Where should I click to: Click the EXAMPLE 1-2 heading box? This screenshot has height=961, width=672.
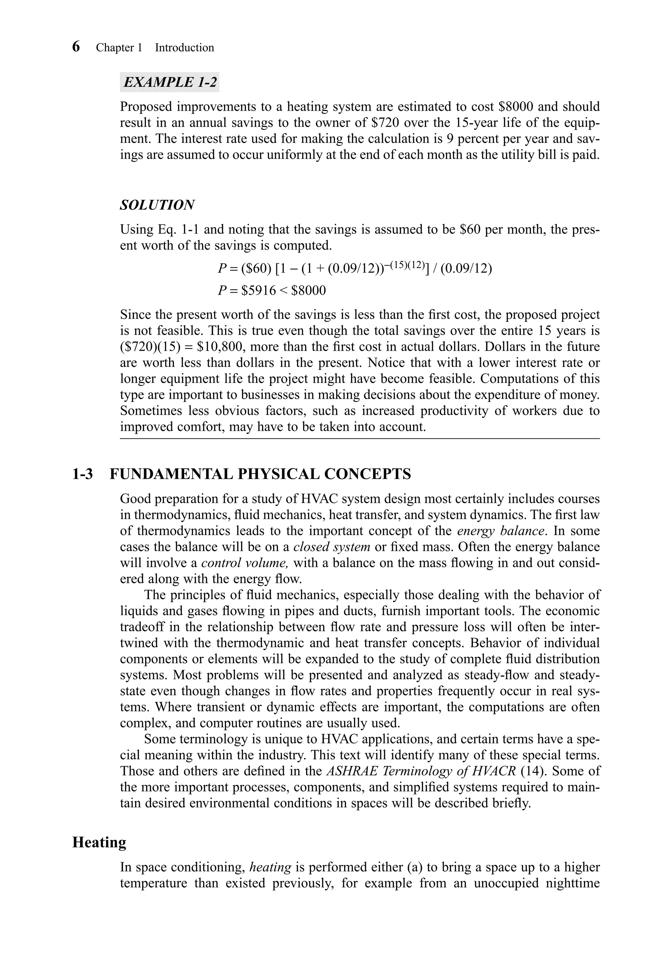(x=169, y=82)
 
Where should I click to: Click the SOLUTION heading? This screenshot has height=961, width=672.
(x=157, y=205)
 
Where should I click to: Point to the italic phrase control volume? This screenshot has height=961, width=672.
(x=245, y=563)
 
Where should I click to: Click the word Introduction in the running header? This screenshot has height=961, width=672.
(x=184, y=48)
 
